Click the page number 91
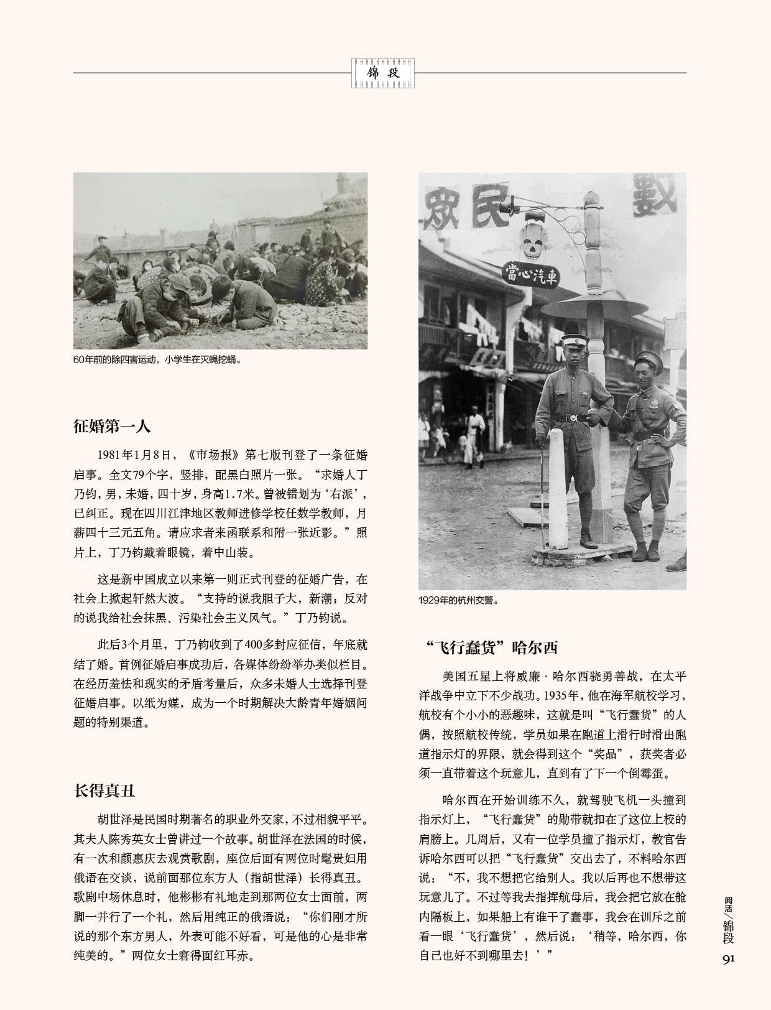point(728,958)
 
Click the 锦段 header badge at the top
point(383,73)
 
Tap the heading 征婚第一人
point(112,427)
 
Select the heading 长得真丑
point(104,791)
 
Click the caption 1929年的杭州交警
point(459,601)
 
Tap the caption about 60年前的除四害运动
point(157,359)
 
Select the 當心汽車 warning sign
point(530,274)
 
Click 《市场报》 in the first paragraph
point(210,455)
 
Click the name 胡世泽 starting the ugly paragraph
point(116,818)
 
